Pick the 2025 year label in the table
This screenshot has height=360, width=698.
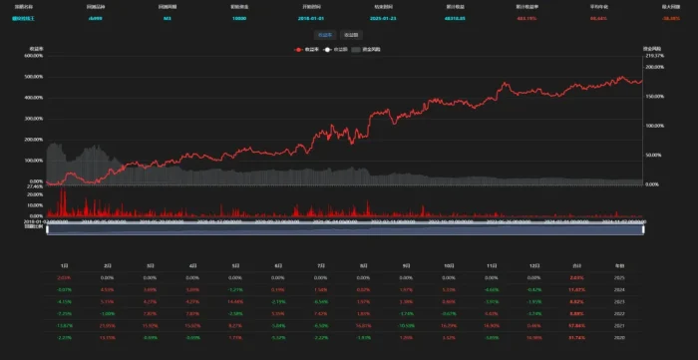pos(620,277)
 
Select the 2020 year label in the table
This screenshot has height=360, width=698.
pos(620,338)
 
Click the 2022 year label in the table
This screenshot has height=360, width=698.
pos(620,314)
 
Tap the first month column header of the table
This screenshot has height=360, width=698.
pos(65,264)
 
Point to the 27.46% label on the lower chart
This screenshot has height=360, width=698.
pos(31,186)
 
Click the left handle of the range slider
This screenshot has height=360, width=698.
pos(47,230)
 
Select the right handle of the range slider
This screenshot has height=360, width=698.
pos(645,230)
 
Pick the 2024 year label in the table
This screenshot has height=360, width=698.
pos(620,289)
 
